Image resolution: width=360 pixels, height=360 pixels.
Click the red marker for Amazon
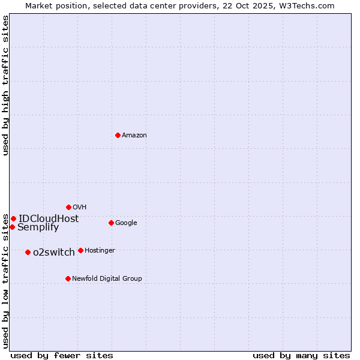coord(118,135)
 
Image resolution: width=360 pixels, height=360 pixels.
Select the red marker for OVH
coord(68,207)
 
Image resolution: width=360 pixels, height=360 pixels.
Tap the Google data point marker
coord(111,223)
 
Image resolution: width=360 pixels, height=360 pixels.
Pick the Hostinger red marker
coord(80,250)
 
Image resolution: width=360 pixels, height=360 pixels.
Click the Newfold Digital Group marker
coord(68,278)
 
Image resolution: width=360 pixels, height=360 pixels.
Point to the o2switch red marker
coord(28,252)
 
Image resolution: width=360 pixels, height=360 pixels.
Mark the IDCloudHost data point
coord(13,218)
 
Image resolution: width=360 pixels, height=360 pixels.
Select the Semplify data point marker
coord(12,227)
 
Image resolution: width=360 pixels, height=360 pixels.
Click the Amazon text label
coord(134,136)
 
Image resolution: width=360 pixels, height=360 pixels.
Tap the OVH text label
coord(80,208)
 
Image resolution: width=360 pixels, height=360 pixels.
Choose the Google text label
coord(126,223)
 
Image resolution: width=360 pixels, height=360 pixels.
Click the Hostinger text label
coord(100,251)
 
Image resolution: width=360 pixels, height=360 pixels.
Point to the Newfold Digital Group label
coord(107,279)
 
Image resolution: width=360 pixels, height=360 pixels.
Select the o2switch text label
coord(54,253)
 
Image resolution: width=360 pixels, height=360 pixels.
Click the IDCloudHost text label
coord(49,219)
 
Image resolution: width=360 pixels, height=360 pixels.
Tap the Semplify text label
coord(38,227)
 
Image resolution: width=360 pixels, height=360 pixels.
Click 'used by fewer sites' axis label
coord(62,355)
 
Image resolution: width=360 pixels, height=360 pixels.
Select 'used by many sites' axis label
coord(301,355)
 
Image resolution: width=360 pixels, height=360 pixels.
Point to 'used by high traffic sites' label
coord(5,85)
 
